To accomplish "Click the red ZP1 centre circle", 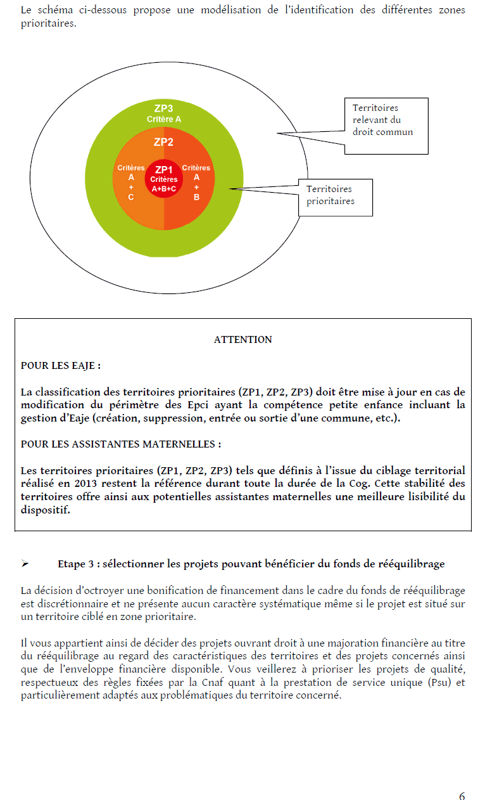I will click(164, 178).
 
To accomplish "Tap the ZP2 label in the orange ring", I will click(163, 142).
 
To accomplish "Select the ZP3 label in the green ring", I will click(163, 108).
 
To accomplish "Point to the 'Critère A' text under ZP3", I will click(164, 119).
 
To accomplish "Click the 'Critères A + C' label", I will click(131, 183).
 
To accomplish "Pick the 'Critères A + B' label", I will click(196, 183).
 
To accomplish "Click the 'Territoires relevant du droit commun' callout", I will click(386, 126).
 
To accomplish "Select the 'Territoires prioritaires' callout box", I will click(335, 196).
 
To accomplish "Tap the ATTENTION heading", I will click(243, 340).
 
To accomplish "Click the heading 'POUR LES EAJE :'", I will click(61, 366).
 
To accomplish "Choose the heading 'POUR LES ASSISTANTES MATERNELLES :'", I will click(121, 444).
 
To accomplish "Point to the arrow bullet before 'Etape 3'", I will click(26, 564).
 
